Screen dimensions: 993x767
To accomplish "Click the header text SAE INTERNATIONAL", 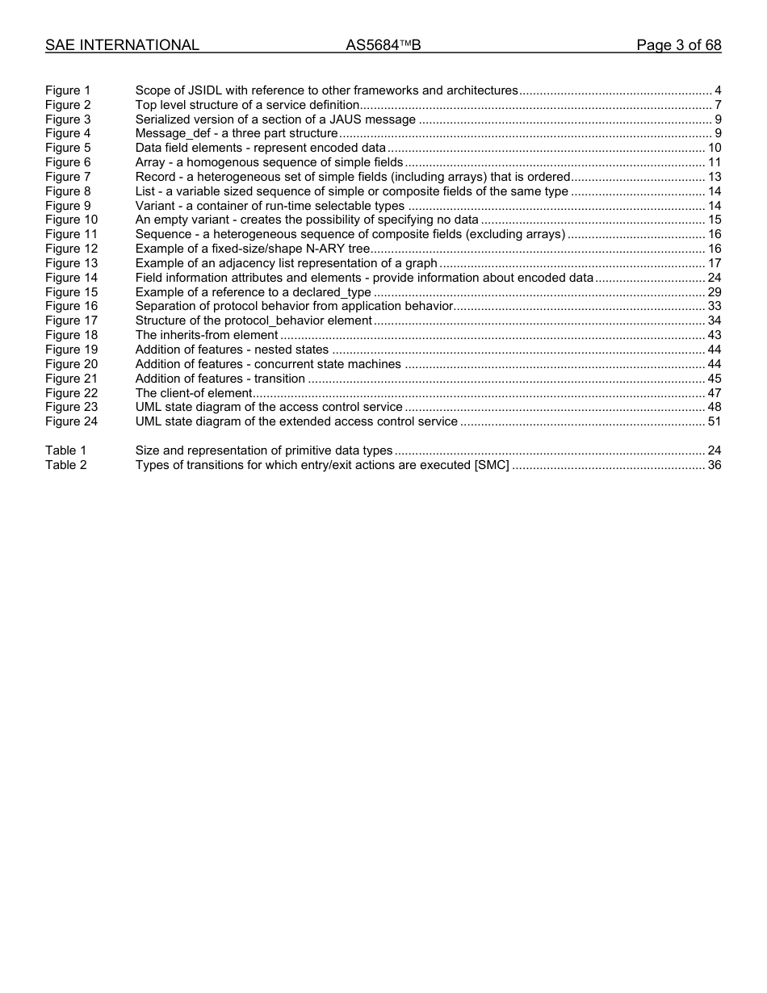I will [122, 45].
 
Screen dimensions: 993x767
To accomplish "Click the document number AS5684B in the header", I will [383, 45].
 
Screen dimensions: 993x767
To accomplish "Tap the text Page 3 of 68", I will [678, 45].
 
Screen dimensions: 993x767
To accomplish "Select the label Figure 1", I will [68, 90].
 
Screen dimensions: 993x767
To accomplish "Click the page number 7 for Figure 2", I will [718, 105].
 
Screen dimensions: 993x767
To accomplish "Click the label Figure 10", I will [71, 220].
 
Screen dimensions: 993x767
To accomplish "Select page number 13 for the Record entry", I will [714, 177].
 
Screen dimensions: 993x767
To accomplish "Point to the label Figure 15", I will [71, 292].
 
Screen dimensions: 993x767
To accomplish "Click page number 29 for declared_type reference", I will [714, 292].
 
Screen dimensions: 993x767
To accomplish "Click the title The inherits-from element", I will [207, 335].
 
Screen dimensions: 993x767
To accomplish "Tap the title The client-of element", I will [194, 393].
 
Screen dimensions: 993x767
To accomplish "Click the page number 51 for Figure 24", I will [714, 421].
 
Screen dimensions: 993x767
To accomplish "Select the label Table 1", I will [65, 450].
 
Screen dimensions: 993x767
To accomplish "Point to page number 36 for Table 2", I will [714, 465].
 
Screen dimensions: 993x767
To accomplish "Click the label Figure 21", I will [71, 379].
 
